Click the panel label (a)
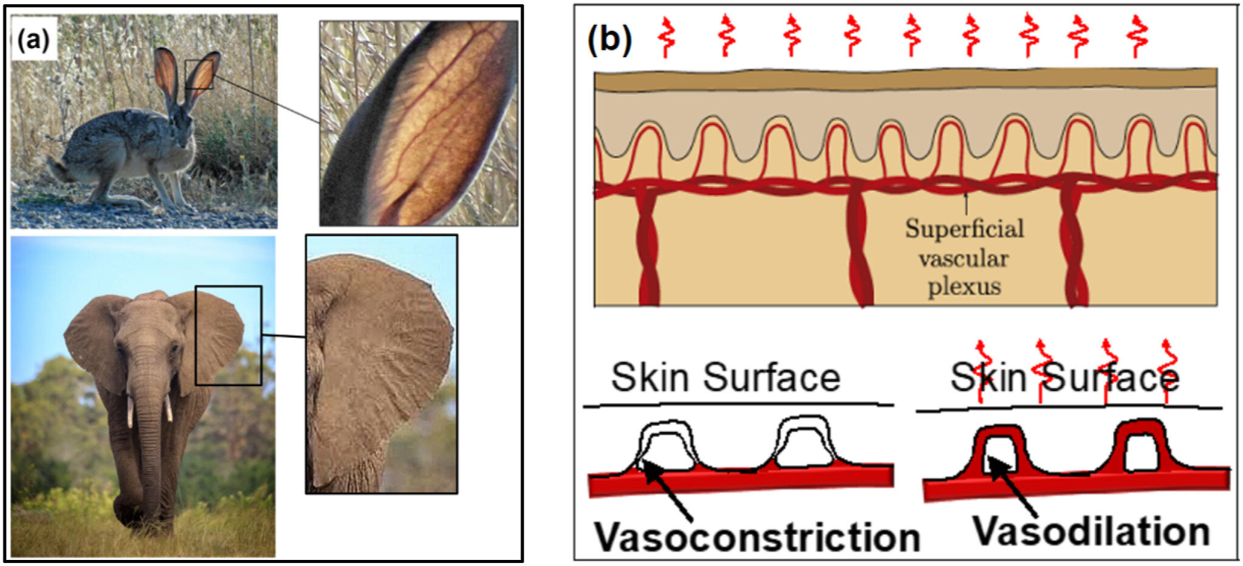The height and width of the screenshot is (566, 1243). (x=33, y=40)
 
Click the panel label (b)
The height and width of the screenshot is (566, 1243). (x=609, y=40)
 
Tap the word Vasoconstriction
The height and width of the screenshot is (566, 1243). (x=756, y=537)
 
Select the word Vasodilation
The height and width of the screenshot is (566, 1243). (x=1091, y=531)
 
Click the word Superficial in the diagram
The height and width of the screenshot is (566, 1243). (x=964, y=230)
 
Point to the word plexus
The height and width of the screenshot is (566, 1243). (x=964, y=286)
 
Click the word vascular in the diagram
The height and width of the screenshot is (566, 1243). (x=964, y=259)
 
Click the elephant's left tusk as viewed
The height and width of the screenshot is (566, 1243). (x=130, y=412)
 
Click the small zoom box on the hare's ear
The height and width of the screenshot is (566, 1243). (x=199, y=74)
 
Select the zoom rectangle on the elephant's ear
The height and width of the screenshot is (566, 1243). (x=228, y=335)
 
